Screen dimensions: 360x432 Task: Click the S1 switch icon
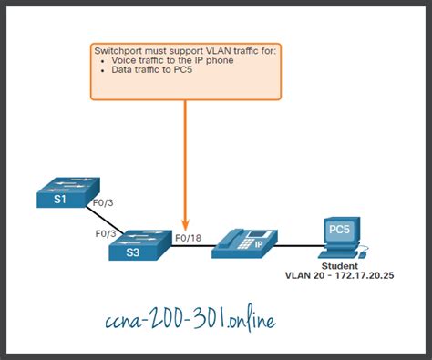pyautogui.click(x=60, y=197)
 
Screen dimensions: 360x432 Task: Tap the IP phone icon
pyautogui.click(x=242, y=241)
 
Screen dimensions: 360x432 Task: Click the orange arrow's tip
pyautogui.click(x=186, y=225)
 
